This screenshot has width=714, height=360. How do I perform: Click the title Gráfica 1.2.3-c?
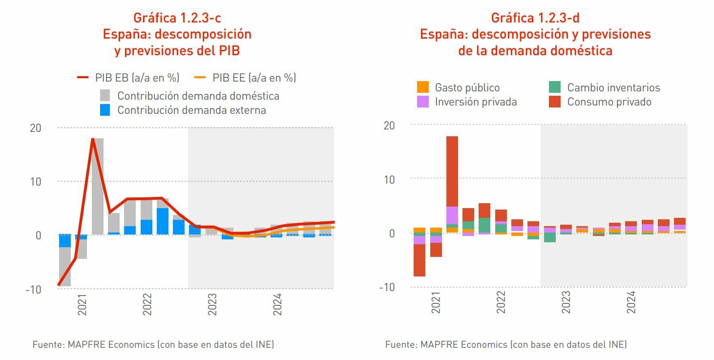(177, 18)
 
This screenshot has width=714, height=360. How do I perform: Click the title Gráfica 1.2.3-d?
(535, 18)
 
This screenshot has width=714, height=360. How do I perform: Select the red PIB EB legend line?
(83, 78)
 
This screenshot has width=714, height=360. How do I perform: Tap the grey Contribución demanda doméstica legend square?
(105, 95)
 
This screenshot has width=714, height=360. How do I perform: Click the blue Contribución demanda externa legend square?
(105, 110)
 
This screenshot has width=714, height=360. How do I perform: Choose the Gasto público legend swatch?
(423, 87)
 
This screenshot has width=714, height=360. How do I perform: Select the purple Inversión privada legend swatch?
(423, 102)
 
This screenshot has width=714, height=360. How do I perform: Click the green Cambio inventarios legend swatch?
(555, 87)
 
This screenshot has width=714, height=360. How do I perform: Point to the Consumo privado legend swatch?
(555, 102)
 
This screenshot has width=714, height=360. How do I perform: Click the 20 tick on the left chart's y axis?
(36, 128)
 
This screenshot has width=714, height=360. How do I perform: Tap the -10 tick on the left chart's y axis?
(34, 289)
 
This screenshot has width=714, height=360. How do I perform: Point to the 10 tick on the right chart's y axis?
(388, 179)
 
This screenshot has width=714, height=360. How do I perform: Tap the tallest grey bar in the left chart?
(98, 186)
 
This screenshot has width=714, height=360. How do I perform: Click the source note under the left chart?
(153, 344)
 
